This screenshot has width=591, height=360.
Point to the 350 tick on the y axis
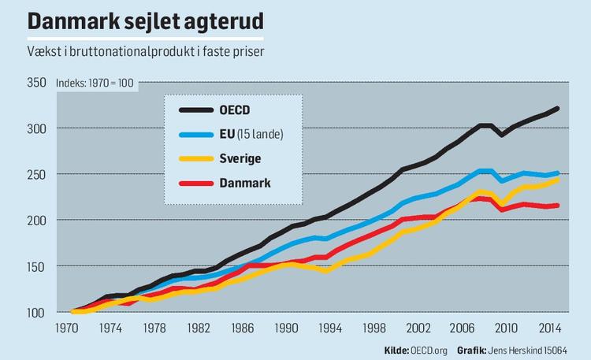coord(38,82)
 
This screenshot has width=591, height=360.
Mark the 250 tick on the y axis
coord(38,174)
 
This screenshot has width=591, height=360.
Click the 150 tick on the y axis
coord(38,265)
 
